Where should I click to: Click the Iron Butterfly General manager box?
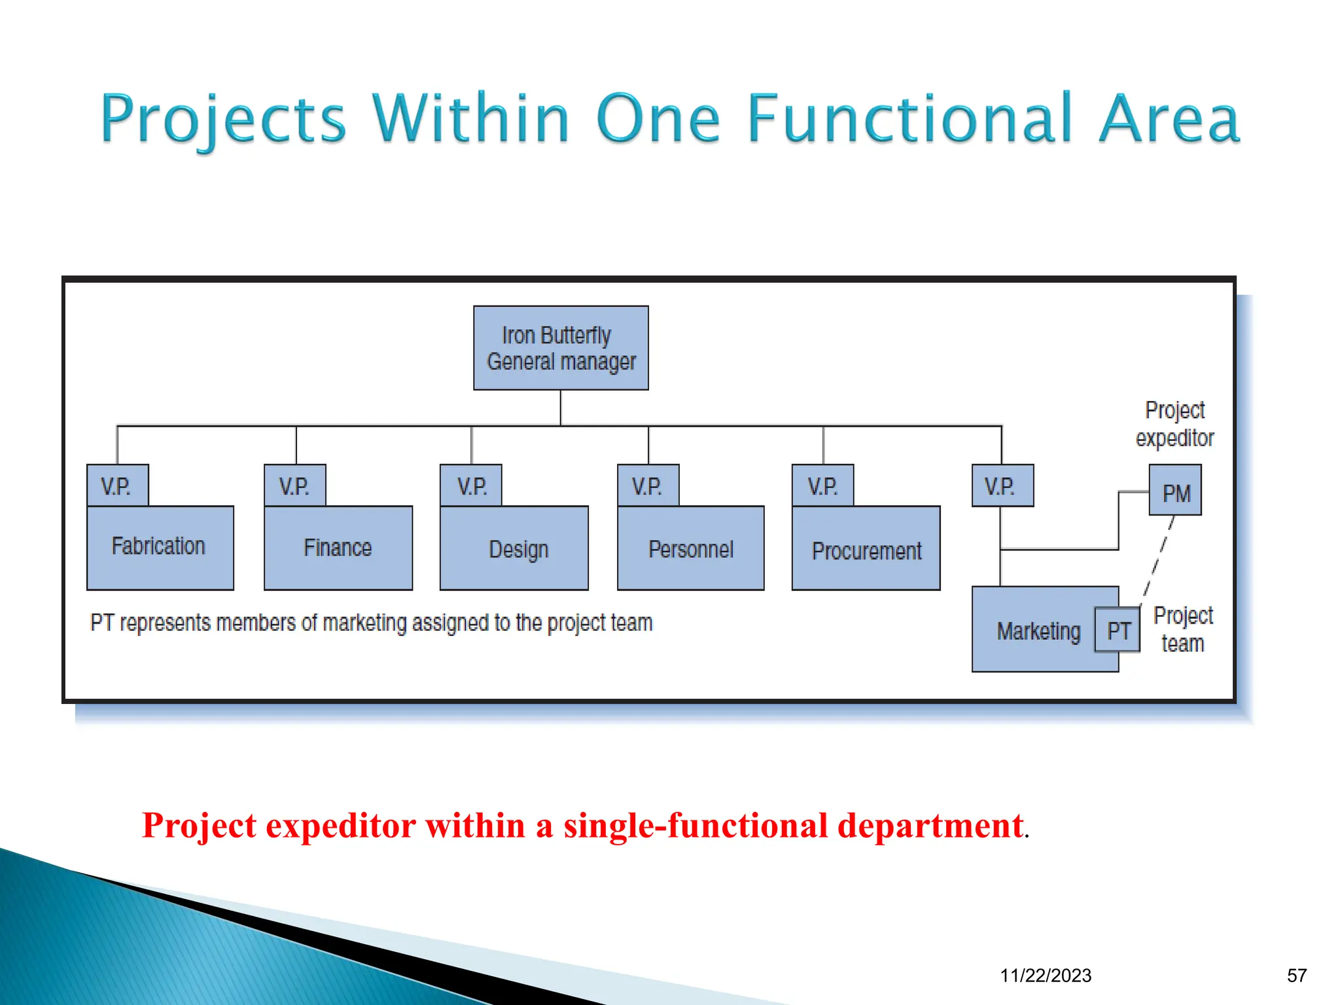(x=561, y=348)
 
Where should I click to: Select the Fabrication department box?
(x=160, y=547)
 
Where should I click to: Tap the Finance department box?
(x=338, y=548)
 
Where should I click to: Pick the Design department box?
(x=514, y=548)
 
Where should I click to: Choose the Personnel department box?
(x=690, y=548)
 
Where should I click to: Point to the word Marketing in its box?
(x=1038, y=631)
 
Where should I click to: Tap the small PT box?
(x=1118, y=630)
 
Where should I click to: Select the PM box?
(x=1175, y=491)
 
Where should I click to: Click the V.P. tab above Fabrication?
(x=117, y=485)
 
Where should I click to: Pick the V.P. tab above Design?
(x=471, y=485)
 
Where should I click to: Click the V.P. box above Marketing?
(x=1002, y=485)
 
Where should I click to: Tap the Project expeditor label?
(x=1174, y=424)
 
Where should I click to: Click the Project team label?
(x=1182, y=629)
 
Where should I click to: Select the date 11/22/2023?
(x=1045, y=976)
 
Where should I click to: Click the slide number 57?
(x=1296, y=976)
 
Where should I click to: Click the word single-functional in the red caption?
(x=696, y=826)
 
